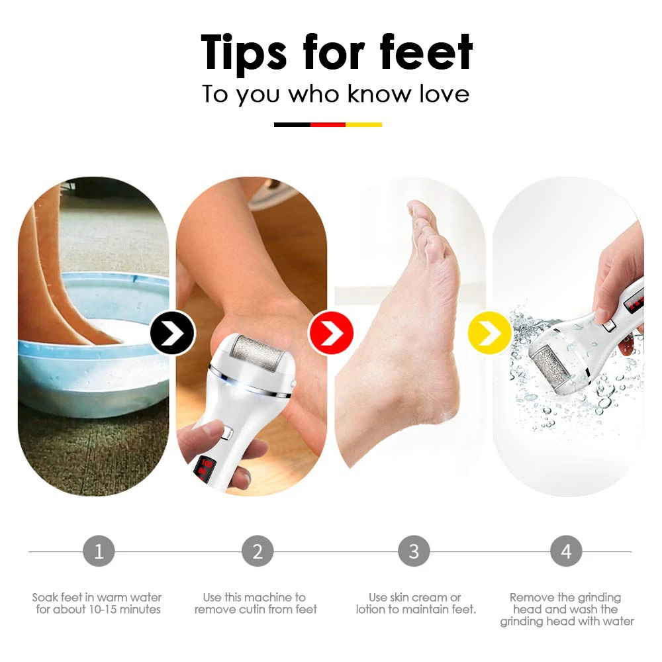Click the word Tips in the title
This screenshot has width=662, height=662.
click(x=244, y=53)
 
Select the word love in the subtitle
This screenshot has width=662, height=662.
click(x=444, y=93)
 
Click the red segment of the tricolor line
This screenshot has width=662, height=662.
click(x=328, y=124)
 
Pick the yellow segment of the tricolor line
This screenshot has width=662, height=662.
click(x=363, y=124)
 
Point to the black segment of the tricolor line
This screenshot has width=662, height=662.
click(x=292, y=124)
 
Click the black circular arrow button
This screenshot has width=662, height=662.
click(x=172, y=332)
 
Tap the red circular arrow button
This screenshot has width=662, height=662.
click(x=331, y=332)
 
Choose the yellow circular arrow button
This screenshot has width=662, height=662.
click(x=489, y=332)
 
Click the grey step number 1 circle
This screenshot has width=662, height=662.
click(x=99, y=551)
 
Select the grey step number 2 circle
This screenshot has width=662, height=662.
click(x=258, y=551)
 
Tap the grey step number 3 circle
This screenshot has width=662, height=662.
click(x=414, y=551)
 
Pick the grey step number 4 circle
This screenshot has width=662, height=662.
click(x=566, y=551)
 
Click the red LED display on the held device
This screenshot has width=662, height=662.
click(x=206, y=467)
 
